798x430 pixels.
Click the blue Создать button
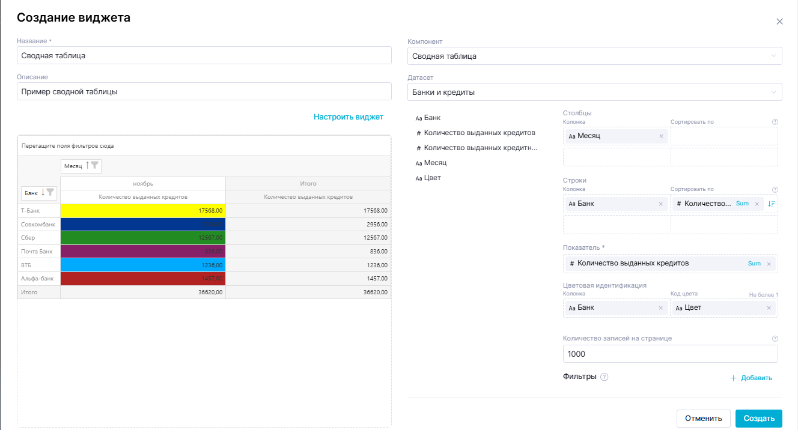coord(758,419)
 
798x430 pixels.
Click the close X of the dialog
coord(779,22)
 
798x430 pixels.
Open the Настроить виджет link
coord(348,117)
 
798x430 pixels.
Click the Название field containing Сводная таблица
coord(204,56)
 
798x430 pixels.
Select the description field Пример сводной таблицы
coord(204,92)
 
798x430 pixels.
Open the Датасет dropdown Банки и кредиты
coord(594,92)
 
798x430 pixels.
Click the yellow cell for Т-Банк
coord(143,211)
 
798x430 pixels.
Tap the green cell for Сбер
coord(143,238)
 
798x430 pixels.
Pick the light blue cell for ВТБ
coord(143,265)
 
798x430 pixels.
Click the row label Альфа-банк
coord(38,279)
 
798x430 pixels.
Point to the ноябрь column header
coord(143,183)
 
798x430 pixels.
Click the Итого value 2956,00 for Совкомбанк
coord(308,224)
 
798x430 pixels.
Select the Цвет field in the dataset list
coord(432,178)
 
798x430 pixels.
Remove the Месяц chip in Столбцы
coord(661,136)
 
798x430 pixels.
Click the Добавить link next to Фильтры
coord(751,378)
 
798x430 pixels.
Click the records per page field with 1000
coord(670,354)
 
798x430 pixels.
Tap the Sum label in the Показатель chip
coord(754,264)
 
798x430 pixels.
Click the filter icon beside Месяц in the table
coord(95,165)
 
